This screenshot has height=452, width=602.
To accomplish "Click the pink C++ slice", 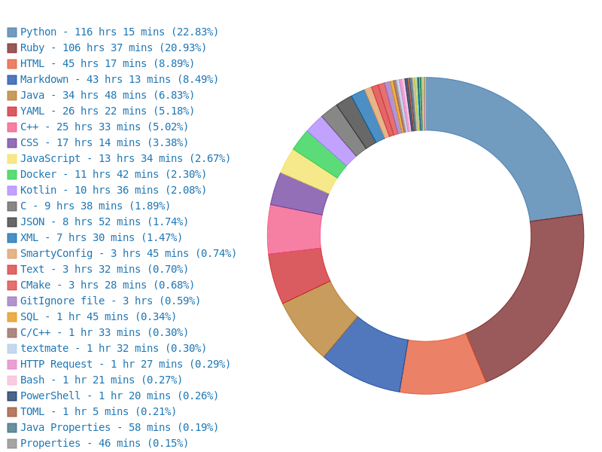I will click(x=294, y=230).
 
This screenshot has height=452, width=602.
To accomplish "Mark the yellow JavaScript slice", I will click(x=309, y=171).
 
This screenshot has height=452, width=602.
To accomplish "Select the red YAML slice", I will click(x=299, y=274).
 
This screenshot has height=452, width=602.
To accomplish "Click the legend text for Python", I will click(x=119, y=32).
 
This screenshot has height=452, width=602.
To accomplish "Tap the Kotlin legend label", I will click(x=113, y=190).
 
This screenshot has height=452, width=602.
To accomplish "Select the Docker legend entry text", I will click(x=113, y=174).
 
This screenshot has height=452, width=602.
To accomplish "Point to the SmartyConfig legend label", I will click(x=128, y=253).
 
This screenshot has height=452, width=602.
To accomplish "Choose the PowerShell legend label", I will click(x=119, y=395).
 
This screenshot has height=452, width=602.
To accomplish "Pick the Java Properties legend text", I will click(x=119, y=427).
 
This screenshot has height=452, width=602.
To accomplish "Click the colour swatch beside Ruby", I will click(x=12, y=48).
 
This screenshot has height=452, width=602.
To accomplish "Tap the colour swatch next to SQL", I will click(x=12, y=317).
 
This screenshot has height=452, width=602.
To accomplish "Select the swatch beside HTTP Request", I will click(x=12, y=365).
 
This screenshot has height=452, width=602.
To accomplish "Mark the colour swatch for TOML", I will click(x=12, y=412).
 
